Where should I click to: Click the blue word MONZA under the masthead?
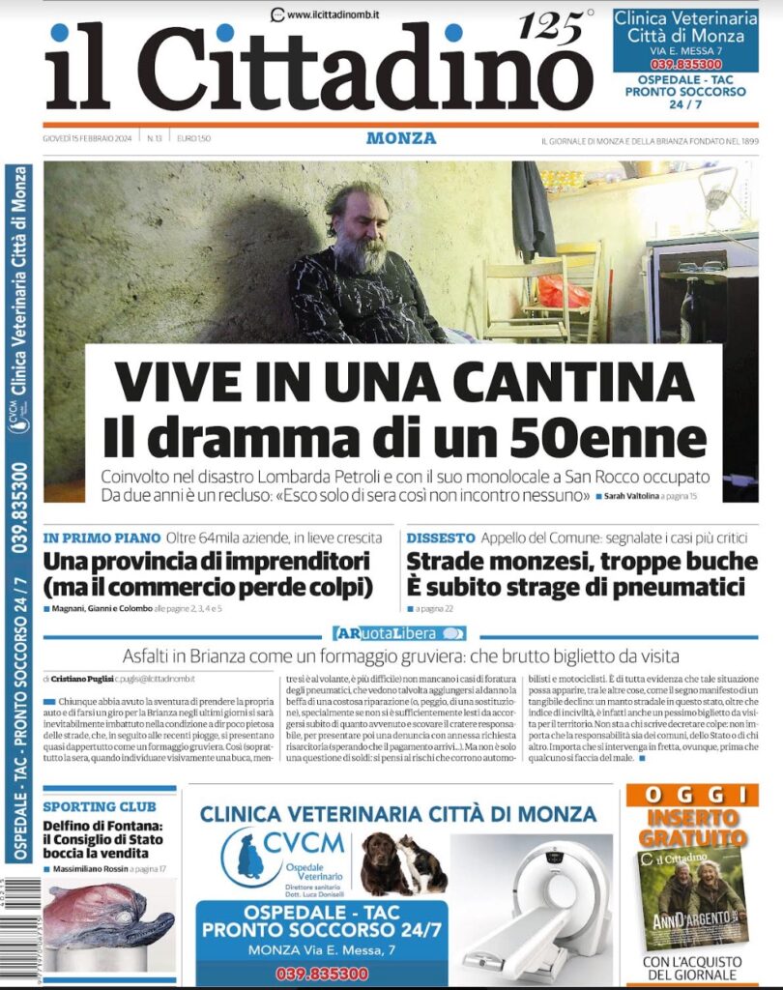401,138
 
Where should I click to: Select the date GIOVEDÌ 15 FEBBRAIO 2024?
89,138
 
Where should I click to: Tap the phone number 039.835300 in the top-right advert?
684,65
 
